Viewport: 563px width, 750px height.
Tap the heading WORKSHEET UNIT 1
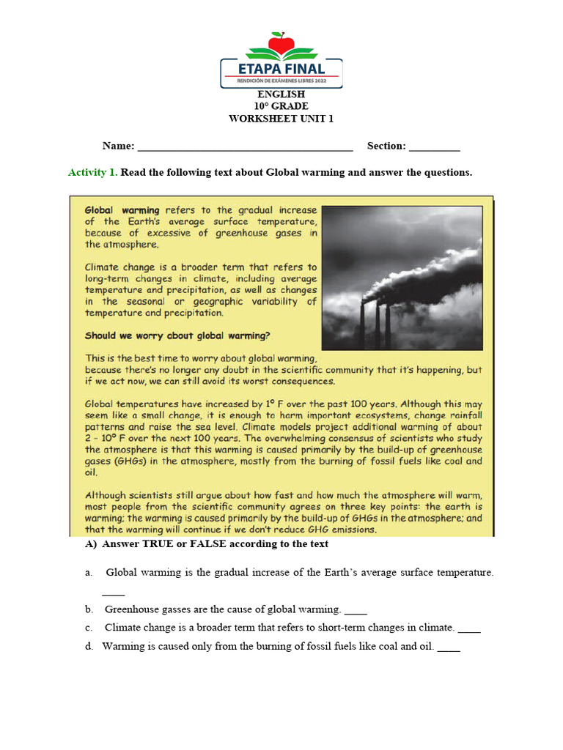click(x=281, y=119)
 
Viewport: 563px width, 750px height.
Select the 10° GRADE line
click(x=281, y=106)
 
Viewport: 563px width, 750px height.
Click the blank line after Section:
click(x=434, y=147)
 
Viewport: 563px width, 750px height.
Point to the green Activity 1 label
click(x=92, y=173)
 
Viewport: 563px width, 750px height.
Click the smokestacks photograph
click(x=402, y=278)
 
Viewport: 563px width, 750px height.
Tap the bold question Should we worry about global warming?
click(x=177, y=336)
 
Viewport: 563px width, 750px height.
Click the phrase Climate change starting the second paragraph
click(x=120, y=267)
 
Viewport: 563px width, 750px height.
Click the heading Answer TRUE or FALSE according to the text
click(x=215, y=544)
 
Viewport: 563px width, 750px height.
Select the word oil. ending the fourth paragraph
click(x=92, y=473)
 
